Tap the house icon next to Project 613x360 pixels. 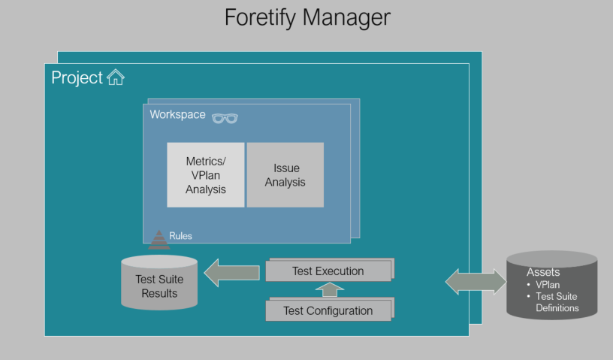pyautogui.click(x=115, y=77)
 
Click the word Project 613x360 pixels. pyautogui.click(x=77, y=77)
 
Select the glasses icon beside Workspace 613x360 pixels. pyautogui.click(x=224, y=117)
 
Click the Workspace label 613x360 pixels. pyautogui.click(x=177, y=115)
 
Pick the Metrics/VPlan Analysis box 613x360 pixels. pyautogui.click(x=205, y=174)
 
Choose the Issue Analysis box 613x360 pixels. pyautogui.click(x=285, y=174)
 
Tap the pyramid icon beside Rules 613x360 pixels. pyautogui.click(x=159, y=240)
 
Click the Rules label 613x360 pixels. pyautogui.click(x=180, y=236)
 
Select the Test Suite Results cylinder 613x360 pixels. pyautogui.click(x=159, y=283)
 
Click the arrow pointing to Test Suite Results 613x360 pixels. pyautogui.click(x=232, y=272)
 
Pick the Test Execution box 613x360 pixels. pyautogui.click(x=328, y=271)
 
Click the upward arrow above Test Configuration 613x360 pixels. pyautogui.click(x=328, y=289)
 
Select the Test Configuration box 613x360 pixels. pyautogui.click(x=328, y=310)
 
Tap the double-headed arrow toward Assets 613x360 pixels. pyautogui.click(x=476, y=281)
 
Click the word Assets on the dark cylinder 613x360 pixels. pyautogui.click(x=543, y=272)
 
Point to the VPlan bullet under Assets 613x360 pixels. pyautogui.click(x=547, y=285)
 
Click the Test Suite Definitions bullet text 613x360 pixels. pyautogui.click(x=557, y=302)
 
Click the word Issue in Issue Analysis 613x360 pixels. pyautogui.click(x=285, y=168)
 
